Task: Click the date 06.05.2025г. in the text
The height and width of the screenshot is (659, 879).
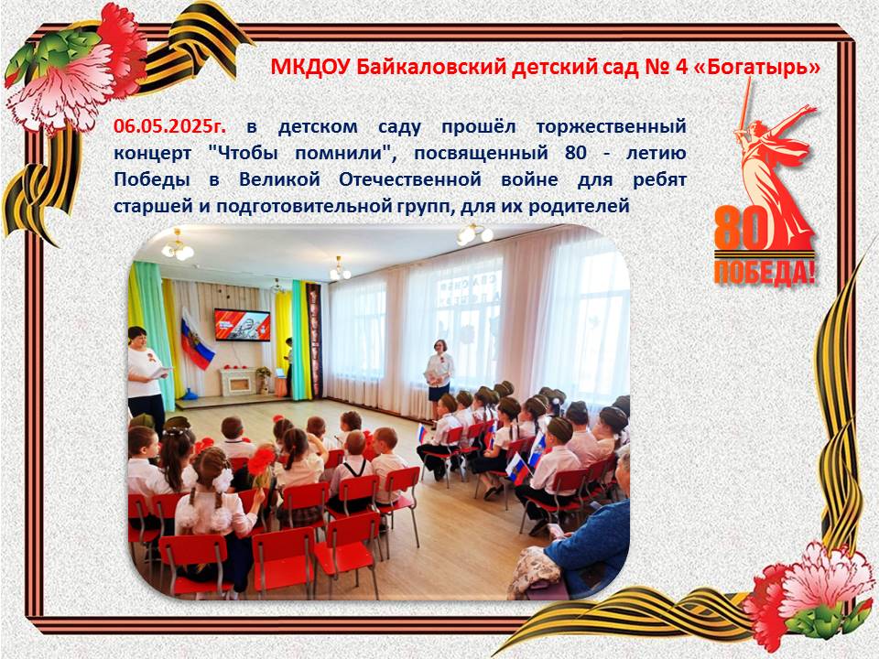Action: (x=170, y=126)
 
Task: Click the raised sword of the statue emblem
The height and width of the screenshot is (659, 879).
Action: (x=744, y=104)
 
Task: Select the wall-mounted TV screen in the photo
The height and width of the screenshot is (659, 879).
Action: (x=243, y=324)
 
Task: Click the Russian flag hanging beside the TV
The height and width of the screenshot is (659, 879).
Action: (x=197, y=340)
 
